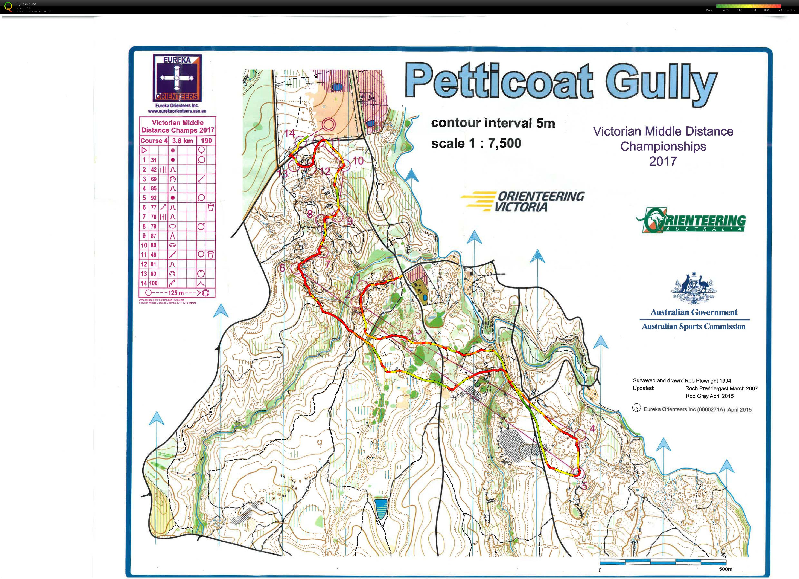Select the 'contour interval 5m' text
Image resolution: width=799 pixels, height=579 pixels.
click(493, 123)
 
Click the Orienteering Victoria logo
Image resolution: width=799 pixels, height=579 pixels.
click(522, 201)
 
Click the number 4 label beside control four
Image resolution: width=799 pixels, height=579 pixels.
click(592, 429)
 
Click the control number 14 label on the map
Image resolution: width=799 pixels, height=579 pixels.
click(290, 133)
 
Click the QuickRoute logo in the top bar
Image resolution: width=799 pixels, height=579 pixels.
click(8, 6)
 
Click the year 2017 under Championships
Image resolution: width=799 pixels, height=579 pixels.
click(663, 161)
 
